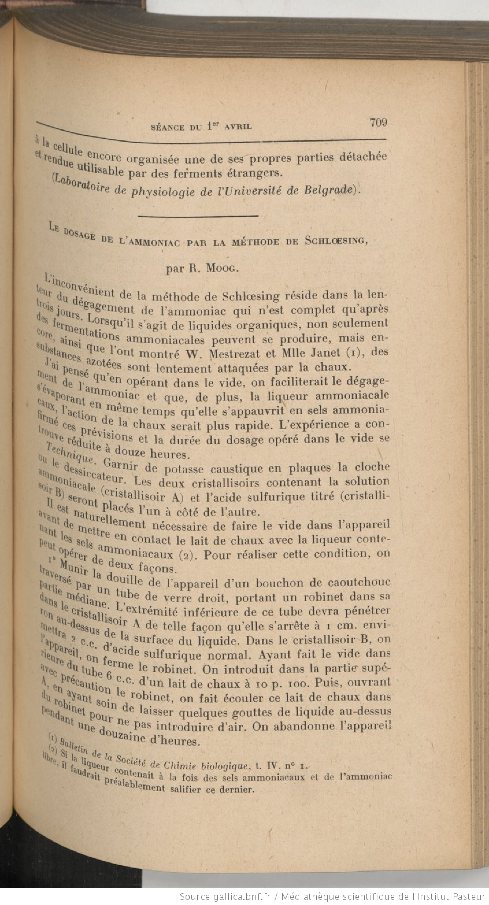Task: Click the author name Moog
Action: [222, 268]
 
